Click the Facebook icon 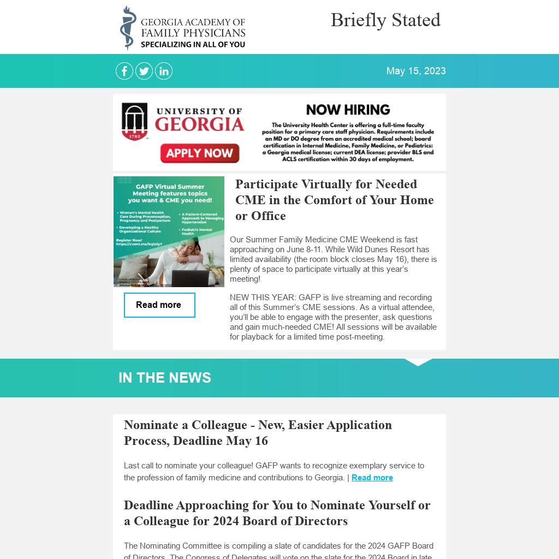pos(124,71)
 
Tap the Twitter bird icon pos(144,71)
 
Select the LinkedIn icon pos(164,71)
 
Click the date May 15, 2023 pos(416,71)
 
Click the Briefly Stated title pos(385,20)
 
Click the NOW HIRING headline pos(348,110)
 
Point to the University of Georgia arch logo pos(134,121)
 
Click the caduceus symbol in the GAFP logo pos(128,28)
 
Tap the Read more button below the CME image pos(159,305)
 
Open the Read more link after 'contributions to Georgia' pos(372,478)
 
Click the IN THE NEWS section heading pos(165,378)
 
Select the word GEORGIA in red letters pos(199,125)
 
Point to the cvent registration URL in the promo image pos(139,244)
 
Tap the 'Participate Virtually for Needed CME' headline pos(334,200)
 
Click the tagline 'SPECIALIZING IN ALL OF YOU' pos(193,44)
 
